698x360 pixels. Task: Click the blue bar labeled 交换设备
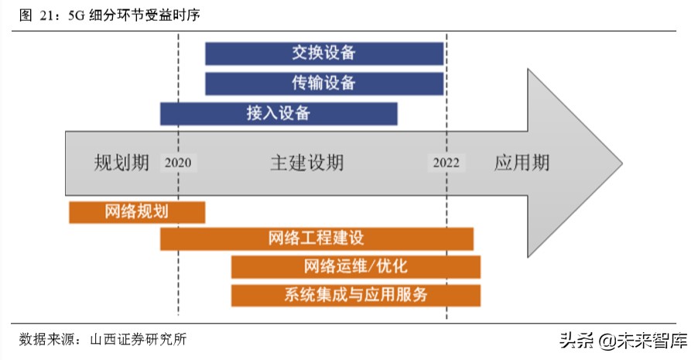coord(324,53)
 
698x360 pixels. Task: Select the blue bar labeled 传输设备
coord(324,84)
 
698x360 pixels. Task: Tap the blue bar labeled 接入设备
coord(279,113)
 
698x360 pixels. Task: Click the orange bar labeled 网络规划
coord(137,212)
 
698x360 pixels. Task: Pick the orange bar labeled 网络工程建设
coord(316,238)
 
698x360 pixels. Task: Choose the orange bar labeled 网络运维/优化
coord(355,267)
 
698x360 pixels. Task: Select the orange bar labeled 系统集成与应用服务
coord(355,295)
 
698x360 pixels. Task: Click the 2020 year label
coord(178,163)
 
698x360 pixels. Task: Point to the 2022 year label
coord(447,163)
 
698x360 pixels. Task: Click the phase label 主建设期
coord(306,163)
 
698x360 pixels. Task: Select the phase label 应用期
coord(522,163)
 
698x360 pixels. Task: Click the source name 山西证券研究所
coord(137,339)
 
